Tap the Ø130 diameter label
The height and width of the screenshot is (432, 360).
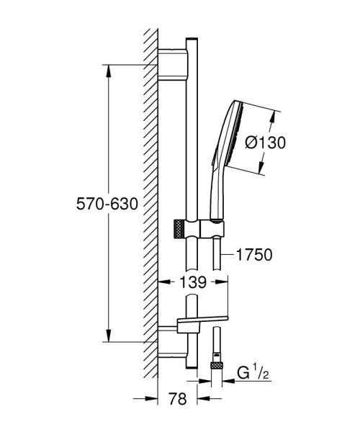tap(266, 143)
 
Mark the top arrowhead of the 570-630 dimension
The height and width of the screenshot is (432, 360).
tap(108, 69)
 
